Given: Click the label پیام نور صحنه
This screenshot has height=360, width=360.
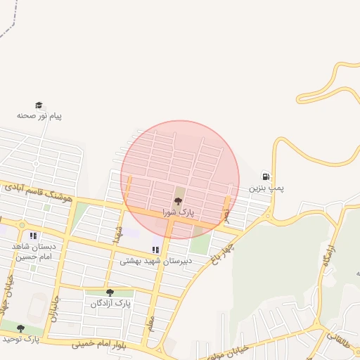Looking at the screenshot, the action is tap(39, 115).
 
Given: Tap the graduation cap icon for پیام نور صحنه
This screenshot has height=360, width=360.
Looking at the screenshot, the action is tap(39, 105).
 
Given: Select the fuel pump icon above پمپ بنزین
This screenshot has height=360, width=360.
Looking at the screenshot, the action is tap(265, 176).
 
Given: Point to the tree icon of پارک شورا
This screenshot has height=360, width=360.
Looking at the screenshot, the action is tap(176, 201).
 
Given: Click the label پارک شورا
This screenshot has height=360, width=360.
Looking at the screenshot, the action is tap(177, 211).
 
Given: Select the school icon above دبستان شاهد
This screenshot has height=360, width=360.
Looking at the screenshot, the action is tap(33, 236).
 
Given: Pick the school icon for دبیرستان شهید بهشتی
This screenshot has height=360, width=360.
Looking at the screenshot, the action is tap(155, 250).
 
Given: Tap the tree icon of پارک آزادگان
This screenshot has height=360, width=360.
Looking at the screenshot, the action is tap(109, 292).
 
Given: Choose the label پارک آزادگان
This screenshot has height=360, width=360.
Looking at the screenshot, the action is tap(111, 304).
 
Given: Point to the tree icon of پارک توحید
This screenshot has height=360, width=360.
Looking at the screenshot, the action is tap(20, 328).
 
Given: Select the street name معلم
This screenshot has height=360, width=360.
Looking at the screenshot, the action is tap(149, 323).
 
